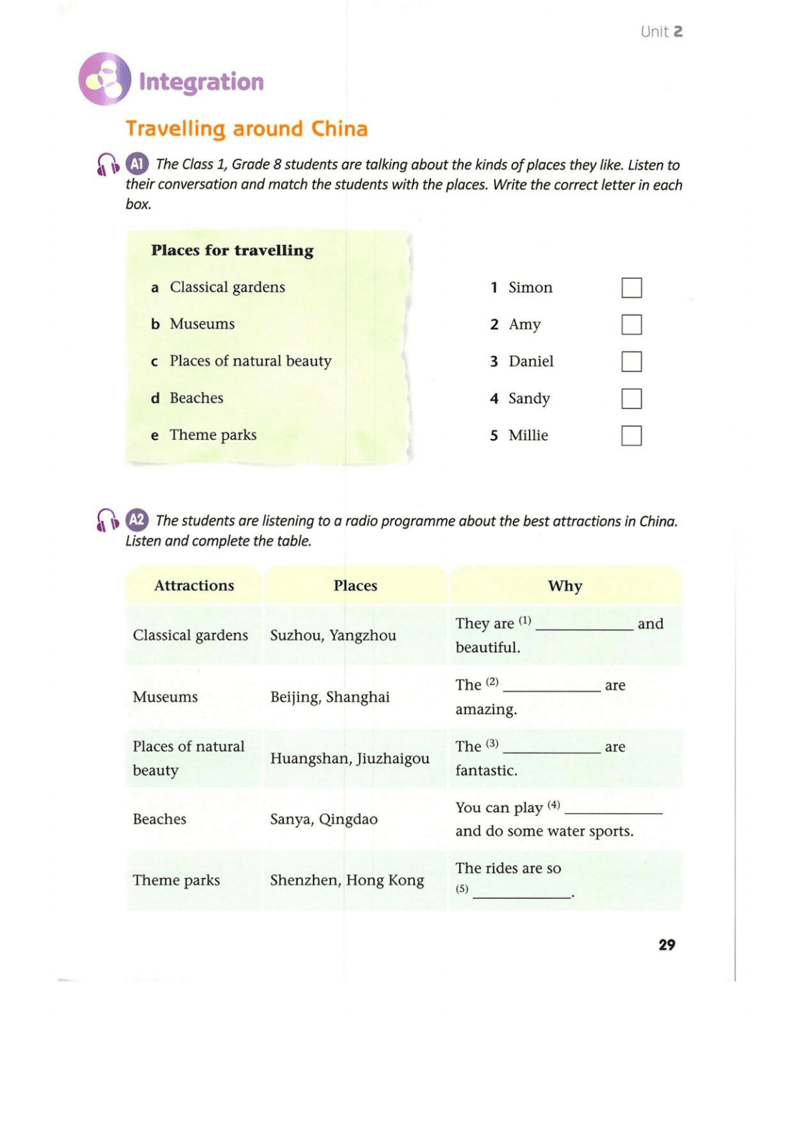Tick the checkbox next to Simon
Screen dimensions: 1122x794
[631, 288]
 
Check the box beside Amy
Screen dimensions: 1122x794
[631, 324]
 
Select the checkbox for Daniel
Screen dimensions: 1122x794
[631, 362]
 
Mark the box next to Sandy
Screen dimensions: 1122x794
[631, 398]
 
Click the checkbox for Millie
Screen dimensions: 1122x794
[631, 436]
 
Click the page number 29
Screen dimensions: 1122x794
[667, 945]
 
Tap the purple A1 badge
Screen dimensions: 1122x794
[137, 164]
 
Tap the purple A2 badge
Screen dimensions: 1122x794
[137, 520]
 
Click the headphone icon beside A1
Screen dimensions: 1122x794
[108, 165]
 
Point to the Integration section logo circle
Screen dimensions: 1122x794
[105, 79]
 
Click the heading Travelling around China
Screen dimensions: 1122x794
[246, 129]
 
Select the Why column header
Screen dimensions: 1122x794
[565, 586]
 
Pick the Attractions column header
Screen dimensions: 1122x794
[194, 586]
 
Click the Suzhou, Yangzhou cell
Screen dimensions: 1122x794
[333, 636]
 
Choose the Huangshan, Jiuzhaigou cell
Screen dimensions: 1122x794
[350, 758]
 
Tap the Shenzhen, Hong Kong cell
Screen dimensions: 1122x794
[347, 880]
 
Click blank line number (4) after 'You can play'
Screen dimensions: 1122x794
[613, 810]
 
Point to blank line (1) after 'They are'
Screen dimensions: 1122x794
[584, 626]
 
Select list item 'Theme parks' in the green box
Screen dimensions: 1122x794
[212, 435]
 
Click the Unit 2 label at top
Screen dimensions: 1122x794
[661, 31]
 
